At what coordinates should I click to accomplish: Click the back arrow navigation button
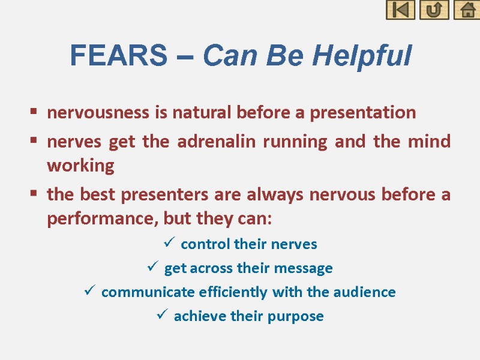[400, 10]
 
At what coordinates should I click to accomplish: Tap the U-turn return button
[434, 10]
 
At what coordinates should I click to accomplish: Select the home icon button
[467, 10]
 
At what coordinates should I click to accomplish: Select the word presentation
[368, 113]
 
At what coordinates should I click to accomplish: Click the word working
[80, 166]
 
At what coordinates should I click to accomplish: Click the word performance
[95, 218]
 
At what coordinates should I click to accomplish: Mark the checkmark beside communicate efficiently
[89, 292]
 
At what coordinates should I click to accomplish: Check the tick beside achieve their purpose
[162, 316]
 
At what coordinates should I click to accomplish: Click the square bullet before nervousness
[34, 112]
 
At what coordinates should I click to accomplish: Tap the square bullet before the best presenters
[34, 194]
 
